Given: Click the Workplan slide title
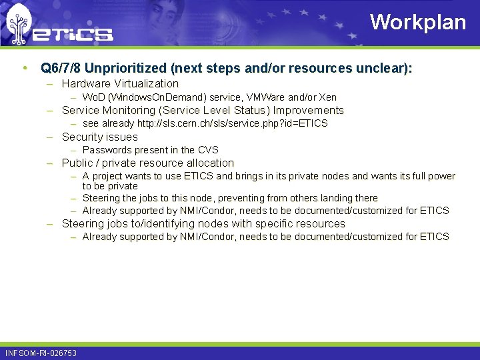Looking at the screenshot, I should coord(418,22).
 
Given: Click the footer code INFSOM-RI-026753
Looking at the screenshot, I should coord(41,353).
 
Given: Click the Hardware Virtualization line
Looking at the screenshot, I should coord(120,84).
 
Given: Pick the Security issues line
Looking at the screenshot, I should coord(99,137).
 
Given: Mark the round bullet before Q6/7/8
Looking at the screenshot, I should coord(25,68).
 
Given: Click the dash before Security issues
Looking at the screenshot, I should coord(50,137).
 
